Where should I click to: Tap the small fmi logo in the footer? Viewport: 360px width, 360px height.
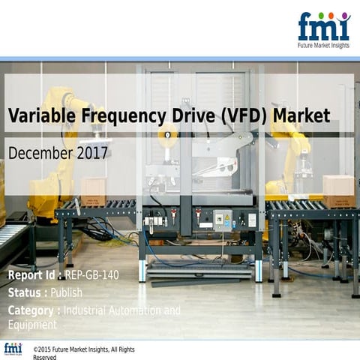coord(13,349)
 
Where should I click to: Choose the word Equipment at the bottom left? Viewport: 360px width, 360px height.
coord(32,324)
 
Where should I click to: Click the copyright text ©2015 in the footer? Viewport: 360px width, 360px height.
coord(46,349)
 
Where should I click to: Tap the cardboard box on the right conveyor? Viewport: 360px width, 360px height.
coord(338,190)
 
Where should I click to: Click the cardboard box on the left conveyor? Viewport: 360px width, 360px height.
coord(94,190)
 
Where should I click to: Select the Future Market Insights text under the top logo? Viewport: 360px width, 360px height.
coord(323,45)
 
